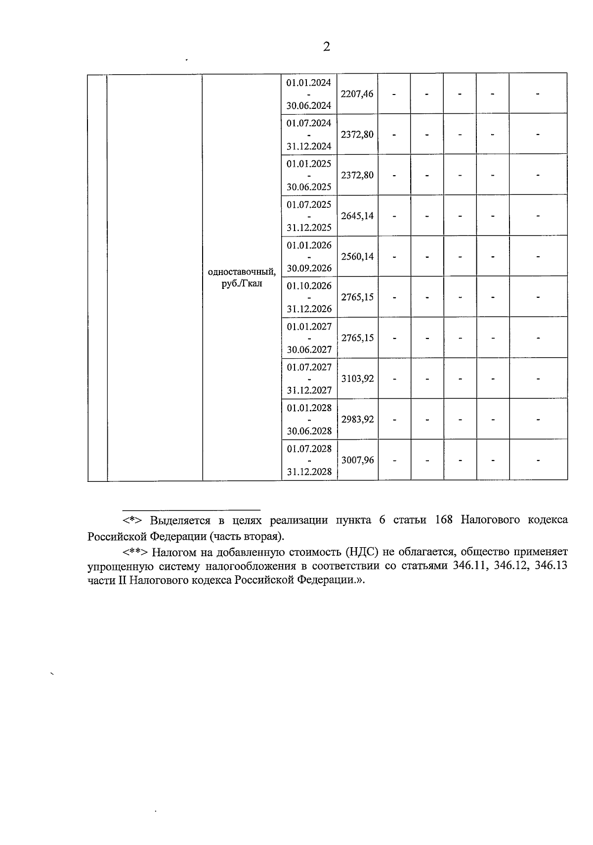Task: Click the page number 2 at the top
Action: point(326,47)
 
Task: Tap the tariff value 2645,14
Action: point(357,216)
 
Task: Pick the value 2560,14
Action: point(357,256)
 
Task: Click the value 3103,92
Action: point(357,378)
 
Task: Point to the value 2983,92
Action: point(357,419)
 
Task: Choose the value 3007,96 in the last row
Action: point(357,460)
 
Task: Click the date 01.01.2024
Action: point(309,82)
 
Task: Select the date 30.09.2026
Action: point(309,268)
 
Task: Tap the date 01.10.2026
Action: point(309,285)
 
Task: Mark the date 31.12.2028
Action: point(309,471)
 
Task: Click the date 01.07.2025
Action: point(309,204)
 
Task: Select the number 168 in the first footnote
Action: point(444,520)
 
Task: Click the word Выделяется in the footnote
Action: point(179,520)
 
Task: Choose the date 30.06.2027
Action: point(309,350)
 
